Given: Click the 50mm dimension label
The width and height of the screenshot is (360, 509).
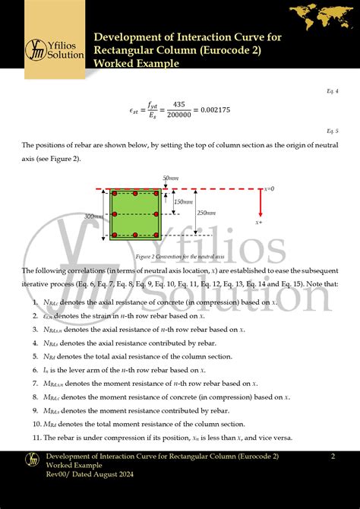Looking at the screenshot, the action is point(171,178).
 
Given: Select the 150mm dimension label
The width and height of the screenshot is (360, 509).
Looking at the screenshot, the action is point(183,202).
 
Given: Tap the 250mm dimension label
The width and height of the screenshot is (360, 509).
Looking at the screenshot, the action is point(206,213).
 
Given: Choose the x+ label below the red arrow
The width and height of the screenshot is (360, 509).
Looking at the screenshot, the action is point(259,223).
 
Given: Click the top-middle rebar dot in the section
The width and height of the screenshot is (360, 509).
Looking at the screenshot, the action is point(135,194).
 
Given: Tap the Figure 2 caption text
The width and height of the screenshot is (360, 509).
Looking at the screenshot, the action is point(172,257).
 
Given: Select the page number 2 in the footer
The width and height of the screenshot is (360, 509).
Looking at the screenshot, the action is point(333,456).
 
